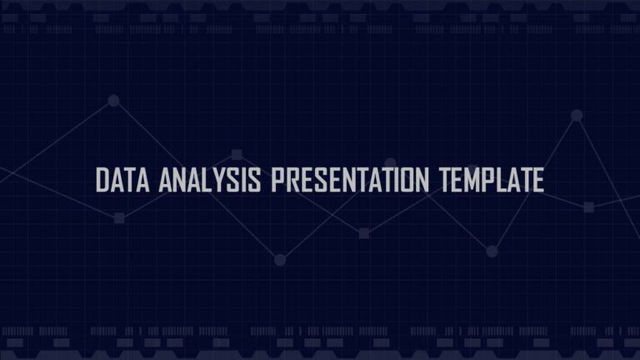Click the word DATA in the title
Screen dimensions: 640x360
(122, 180)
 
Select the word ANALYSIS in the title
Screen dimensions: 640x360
(210, 180)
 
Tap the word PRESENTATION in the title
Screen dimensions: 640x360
(350, 180)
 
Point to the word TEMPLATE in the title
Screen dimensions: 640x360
(492, 180)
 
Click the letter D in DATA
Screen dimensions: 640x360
(102, 180)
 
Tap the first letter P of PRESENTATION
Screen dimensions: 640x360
(277, 180)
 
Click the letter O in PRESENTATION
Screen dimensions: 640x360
(407, 180)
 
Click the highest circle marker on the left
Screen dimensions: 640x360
(114, 100)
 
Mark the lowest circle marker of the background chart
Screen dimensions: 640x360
(280, 260)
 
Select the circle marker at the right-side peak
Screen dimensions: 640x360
(577, 116)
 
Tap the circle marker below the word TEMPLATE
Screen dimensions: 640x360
(492, 252)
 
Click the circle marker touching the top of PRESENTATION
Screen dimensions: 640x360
(391, 163)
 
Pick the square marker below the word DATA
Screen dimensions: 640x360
(119, 218)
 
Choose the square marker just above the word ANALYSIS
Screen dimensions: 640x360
(237, 155)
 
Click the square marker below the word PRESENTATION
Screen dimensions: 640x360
(363, 233)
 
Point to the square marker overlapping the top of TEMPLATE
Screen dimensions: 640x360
(472, 170)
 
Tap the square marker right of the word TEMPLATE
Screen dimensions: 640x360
(588, 207)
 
